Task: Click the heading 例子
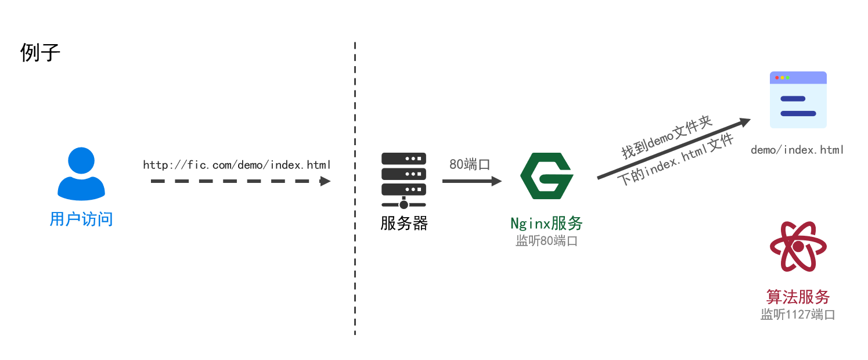(40, 53)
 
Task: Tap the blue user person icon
(81, 174)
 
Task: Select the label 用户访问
(81, 219)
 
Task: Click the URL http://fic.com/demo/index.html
(237, 165)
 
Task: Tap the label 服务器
(404, 224)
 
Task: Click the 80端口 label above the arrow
(470, 164)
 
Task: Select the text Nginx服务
(546, 224)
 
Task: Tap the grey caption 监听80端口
(546, 241)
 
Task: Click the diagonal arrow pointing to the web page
(673, 149)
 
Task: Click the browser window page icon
(798, 100)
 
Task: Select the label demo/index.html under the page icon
(797, 150)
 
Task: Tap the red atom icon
(798, 247)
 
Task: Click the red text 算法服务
(798, 297)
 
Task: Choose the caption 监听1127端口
(798, 315)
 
